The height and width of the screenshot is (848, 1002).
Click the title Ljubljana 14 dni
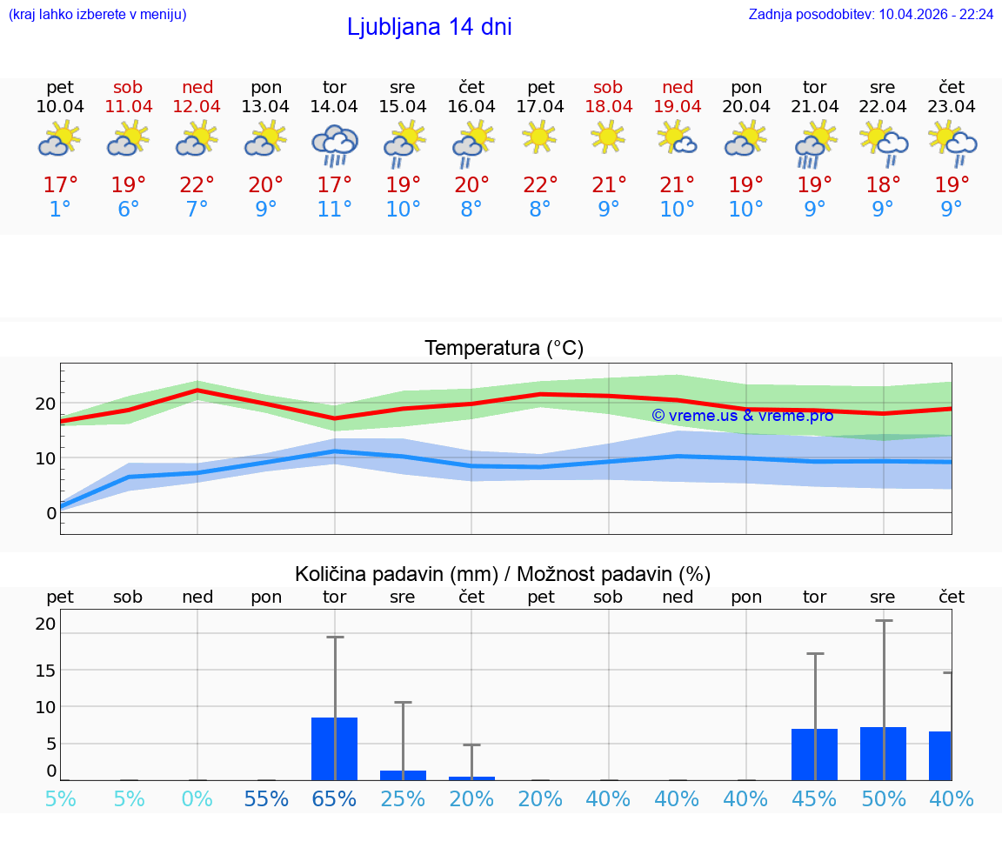(x=429, y=27)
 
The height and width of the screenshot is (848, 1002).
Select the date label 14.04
(x=334, y=107)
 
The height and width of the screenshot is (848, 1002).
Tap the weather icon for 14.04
(x=335, y=145)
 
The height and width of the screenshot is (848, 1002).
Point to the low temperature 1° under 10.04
(x=60, y=210)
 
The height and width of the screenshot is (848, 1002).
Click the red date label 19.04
(x=678, y=107)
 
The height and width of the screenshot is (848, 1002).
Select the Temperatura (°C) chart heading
(x=504, y=349)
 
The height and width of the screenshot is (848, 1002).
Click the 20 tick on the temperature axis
(x=45, y=404)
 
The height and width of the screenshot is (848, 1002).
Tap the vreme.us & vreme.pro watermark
(x=743, y=416)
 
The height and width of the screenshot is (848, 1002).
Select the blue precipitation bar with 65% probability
(x=335, y=749)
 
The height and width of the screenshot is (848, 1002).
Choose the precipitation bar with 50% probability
(x=883, y=753)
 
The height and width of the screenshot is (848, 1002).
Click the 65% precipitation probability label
(x=335, y=798)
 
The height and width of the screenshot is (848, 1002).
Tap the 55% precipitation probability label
(x=266, y=798)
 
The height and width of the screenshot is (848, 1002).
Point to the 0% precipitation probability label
(x=197, y=798)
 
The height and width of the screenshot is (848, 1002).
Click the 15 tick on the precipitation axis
(x=45, y=671)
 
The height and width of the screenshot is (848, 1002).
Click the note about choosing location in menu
(x=97, y=15)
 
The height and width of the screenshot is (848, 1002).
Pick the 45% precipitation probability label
(x=814, y=798)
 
